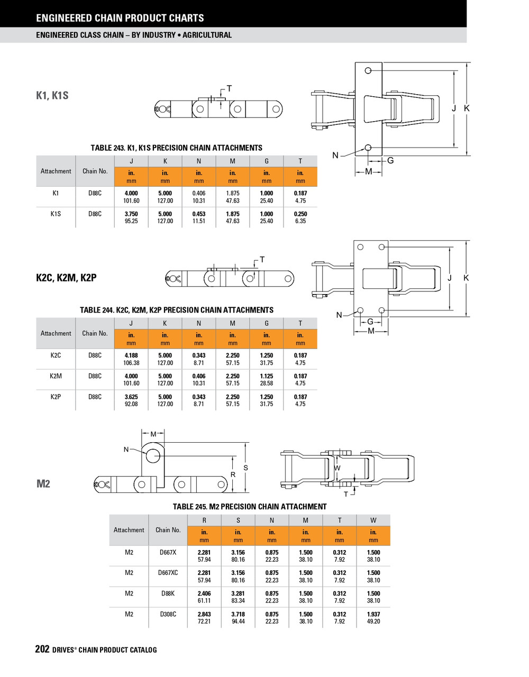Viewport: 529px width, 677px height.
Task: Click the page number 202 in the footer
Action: click(x=42, y=649)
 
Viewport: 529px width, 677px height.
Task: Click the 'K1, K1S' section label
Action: click(x=52, y=96)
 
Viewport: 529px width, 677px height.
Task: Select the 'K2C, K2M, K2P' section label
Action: click(x=66, y=278)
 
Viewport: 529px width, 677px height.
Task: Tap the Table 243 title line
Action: click(x=176, y=148)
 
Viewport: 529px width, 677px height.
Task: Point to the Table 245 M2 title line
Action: click(x=250, y=507)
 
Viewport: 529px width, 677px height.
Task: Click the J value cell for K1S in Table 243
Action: click(x=131, y=217)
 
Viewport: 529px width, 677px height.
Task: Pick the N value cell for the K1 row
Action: click(x=199, y=197)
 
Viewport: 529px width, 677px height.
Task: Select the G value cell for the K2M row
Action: click(x=267, y=380)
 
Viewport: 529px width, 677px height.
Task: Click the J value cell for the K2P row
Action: click(x=131, y=400)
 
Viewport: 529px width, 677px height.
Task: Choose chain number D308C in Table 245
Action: click(x=168, y=615)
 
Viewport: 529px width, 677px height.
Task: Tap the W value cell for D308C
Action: click(x=373, y=618)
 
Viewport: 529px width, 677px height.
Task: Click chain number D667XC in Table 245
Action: click(x=168, y=573)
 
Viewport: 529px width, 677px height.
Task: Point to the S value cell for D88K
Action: click(x=238, y=597)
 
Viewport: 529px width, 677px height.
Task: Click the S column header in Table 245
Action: click(x=238, y=520)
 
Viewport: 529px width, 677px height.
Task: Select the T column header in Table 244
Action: click(x=300, y=323)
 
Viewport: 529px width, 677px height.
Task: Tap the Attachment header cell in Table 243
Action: click(x=56, y=171)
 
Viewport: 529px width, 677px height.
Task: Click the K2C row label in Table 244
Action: click(x=56, y=355)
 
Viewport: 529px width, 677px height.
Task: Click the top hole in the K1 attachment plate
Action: click(x=368, y=71)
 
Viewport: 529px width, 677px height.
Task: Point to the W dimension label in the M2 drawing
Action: click(x=338, y=468)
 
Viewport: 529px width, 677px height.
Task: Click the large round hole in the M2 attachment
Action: click(x=153, y=455)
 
